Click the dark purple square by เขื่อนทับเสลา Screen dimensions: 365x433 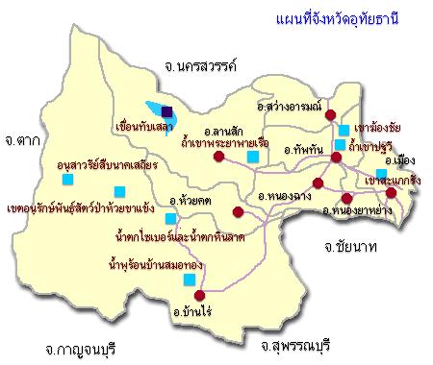click(x=167, y=110)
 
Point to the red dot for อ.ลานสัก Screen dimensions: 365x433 click(x=218, y=158)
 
